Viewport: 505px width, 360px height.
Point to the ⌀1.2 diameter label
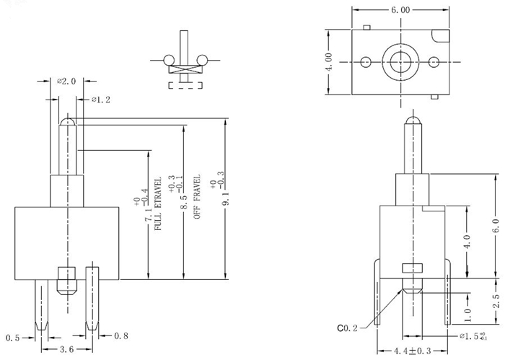(x=100, y=100)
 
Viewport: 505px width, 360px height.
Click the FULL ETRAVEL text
(x=158, y=208)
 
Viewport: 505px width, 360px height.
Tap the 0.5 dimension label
(x=13, y=337)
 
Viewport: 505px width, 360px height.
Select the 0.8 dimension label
(x=122, y=336)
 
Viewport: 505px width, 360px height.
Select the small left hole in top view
(x=366, y=61)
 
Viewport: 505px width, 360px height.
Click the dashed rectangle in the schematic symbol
(x=185, y=86)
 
